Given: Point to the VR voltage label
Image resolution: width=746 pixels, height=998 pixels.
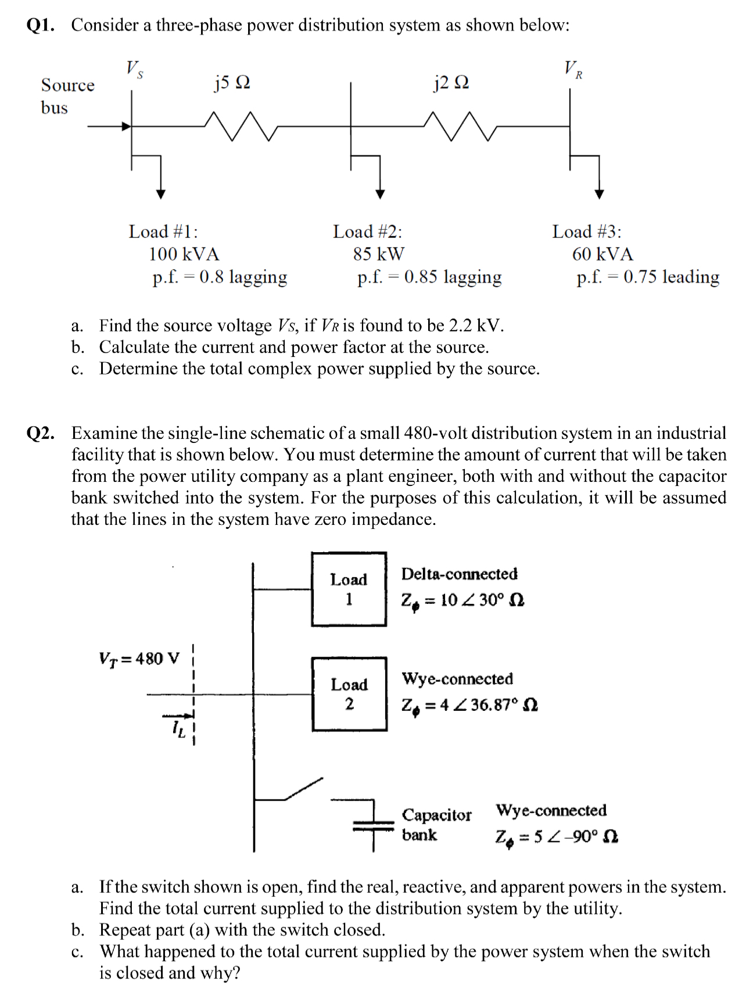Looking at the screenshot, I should point(573,69).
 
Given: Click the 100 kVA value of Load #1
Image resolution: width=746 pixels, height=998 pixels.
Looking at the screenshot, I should point(184,254).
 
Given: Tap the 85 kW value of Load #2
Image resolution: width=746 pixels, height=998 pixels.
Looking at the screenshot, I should point(378,254).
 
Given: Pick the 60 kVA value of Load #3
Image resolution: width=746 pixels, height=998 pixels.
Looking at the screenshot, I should point(602,254).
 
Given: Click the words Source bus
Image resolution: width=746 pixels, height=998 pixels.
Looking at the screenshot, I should point(67,96).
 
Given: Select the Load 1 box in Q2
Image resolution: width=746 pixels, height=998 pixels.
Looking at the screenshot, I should point(349,589).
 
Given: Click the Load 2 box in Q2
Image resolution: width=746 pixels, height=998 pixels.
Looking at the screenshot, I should point(349,694).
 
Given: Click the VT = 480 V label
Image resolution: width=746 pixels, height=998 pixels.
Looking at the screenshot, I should point(139,659).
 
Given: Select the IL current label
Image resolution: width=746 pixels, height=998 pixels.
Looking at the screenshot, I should point(179,729).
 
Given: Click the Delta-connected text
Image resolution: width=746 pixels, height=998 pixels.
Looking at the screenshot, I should point(459,574).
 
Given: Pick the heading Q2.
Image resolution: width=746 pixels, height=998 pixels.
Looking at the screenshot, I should point(41,433).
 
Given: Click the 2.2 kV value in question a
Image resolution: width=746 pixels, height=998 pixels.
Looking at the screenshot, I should point(475,325).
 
